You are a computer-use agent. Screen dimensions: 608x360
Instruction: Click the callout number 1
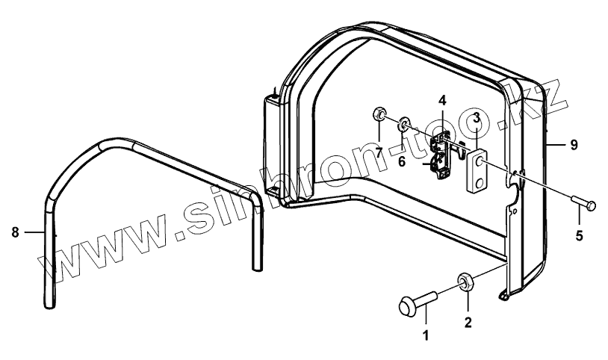(426, 335)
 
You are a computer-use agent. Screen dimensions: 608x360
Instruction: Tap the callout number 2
(468, 323)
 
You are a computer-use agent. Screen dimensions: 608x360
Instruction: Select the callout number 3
(476, 117)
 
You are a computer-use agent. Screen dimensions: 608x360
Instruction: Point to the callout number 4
(442, 99)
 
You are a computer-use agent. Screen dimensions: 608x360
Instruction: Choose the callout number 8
(15, 232)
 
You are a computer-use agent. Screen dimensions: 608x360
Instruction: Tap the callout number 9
(573, 145)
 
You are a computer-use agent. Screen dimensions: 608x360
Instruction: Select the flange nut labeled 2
(465, 282)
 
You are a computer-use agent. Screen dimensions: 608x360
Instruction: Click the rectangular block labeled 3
(477, 172)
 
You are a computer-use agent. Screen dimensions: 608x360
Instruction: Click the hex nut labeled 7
(379, 114)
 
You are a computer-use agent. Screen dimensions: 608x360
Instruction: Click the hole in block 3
(478, 160)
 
